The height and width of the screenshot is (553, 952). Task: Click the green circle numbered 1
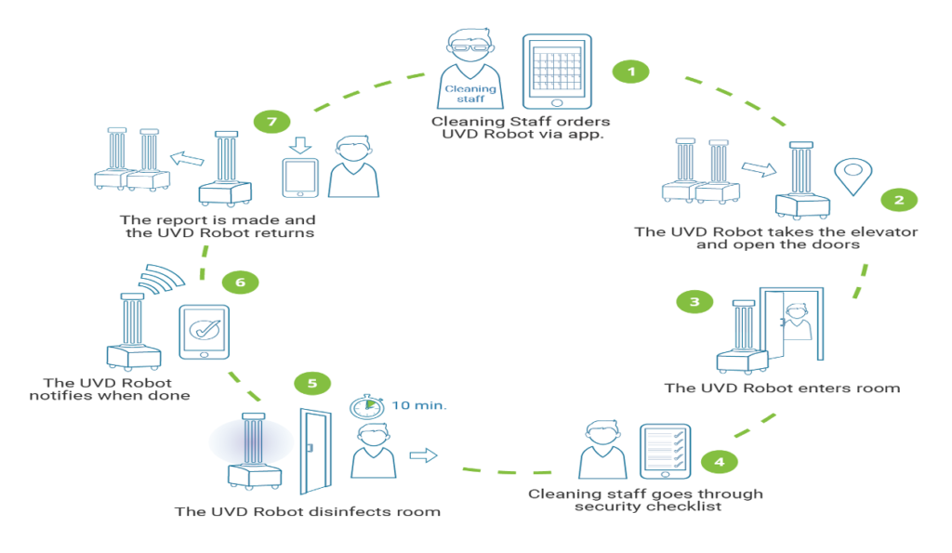click(x=631, y=72)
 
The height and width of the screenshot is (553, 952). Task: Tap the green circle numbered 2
click(x=898, y=199)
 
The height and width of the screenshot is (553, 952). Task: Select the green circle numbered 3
click(x=694, y=301)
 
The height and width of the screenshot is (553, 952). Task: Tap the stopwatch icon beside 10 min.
click(x=365, y=406)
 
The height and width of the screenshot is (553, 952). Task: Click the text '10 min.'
click(x=417, y=406)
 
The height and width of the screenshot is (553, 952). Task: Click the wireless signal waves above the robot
click(x=162, y=274)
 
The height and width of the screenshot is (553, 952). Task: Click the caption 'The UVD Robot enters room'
click(x=782, y=388)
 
